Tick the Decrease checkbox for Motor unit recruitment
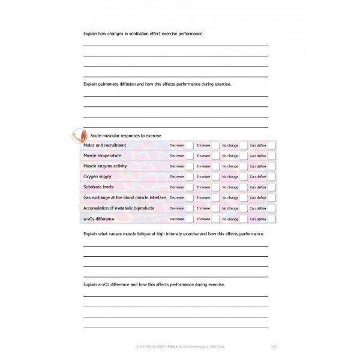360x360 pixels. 189,145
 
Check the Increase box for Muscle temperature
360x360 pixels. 215,155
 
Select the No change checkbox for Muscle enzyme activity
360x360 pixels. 243,166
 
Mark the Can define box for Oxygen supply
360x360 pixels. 271,176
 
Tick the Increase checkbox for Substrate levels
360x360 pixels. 215,187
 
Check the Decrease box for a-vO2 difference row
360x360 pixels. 189,218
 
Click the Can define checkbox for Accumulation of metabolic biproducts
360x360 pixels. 271,208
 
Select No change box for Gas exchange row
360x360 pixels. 243,197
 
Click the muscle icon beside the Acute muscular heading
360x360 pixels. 78,134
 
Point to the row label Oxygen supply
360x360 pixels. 97,176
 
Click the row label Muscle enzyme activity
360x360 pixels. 105,166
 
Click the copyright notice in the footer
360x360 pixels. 180,346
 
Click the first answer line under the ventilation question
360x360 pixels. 175,46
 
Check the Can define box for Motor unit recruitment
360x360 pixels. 271,145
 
